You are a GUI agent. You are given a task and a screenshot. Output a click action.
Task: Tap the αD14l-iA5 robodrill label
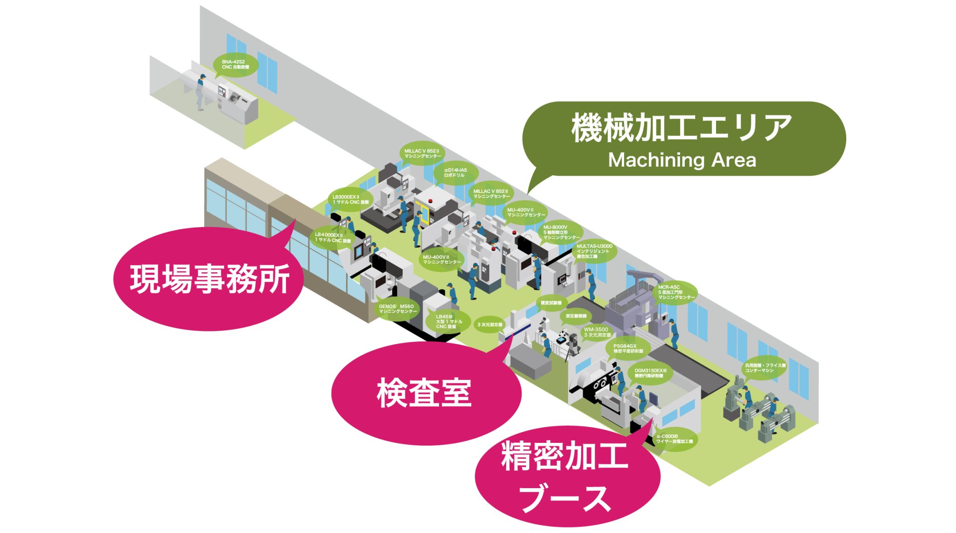(x=455, y=172)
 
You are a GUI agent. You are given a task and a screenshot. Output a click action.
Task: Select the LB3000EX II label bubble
(x=350, y=199)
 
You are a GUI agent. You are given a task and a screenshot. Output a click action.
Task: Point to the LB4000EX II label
(x=332, y=237)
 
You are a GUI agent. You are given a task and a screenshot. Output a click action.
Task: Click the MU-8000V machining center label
(x=561, y=232)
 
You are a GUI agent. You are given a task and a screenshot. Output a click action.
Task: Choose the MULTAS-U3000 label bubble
(x=594, y=251)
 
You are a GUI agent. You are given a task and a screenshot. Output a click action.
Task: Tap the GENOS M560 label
(x=397, y=309)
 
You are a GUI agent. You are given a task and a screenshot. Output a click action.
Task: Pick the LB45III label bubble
(x=448, y=321)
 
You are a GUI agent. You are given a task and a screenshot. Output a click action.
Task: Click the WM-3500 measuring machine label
(x=597, y=332)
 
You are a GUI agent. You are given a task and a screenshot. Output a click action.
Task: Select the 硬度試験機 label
(x=551, y=303)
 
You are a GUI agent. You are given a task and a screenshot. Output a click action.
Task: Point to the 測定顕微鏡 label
(x=576, y=316)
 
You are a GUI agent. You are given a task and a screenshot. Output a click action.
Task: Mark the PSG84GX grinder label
(x=627, y=348)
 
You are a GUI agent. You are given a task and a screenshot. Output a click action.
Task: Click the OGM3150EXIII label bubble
(x=650, y=373)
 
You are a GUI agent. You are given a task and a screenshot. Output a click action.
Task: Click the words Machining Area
(x=682, y=160)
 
